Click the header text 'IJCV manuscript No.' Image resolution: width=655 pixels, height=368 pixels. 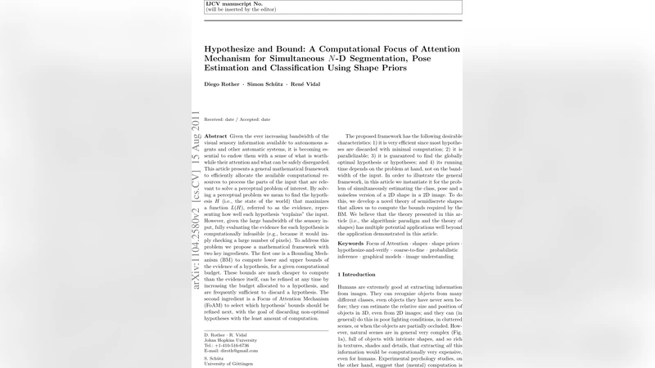click(x=225, y=4)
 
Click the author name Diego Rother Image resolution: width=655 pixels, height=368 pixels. click(x=223, y=85)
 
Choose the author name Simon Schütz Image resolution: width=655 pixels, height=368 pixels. click(x=267, y=85)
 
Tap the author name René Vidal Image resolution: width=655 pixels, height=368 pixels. click(x=308, y=85)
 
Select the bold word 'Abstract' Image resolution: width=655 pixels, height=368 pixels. click(x=216, y=135)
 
